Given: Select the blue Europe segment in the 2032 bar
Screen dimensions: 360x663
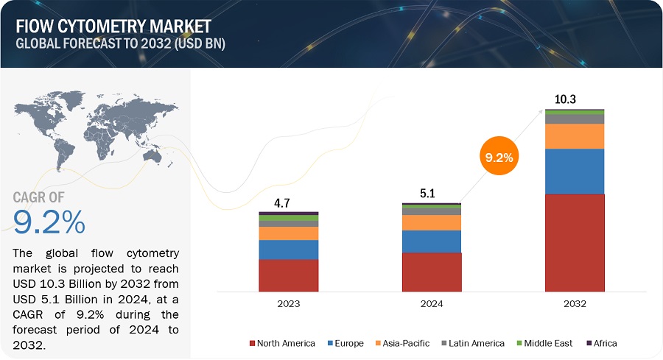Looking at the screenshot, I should tap(575, 172).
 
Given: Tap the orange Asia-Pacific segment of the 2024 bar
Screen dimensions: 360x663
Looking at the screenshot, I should tap(432, 222).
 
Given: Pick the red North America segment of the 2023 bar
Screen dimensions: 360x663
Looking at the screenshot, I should tap(288, 275).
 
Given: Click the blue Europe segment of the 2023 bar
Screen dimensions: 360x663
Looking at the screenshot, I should tap(288, 250).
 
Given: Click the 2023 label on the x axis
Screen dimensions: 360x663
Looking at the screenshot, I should tap(288, 303).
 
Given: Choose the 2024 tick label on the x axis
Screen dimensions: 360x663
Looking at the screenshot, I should tap(432, 303).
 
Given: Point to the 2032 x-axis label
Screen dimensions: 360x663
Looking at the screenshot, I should tap(575, 303).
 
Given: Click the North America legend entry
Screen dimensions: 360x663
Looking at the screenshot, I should tap(283, 343).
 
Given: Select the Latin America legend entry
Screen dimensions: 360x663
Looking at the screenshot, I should tap(473, 343).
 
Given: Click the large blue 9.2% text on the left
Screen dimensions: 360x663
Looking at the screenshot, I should tap(49, 222).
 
